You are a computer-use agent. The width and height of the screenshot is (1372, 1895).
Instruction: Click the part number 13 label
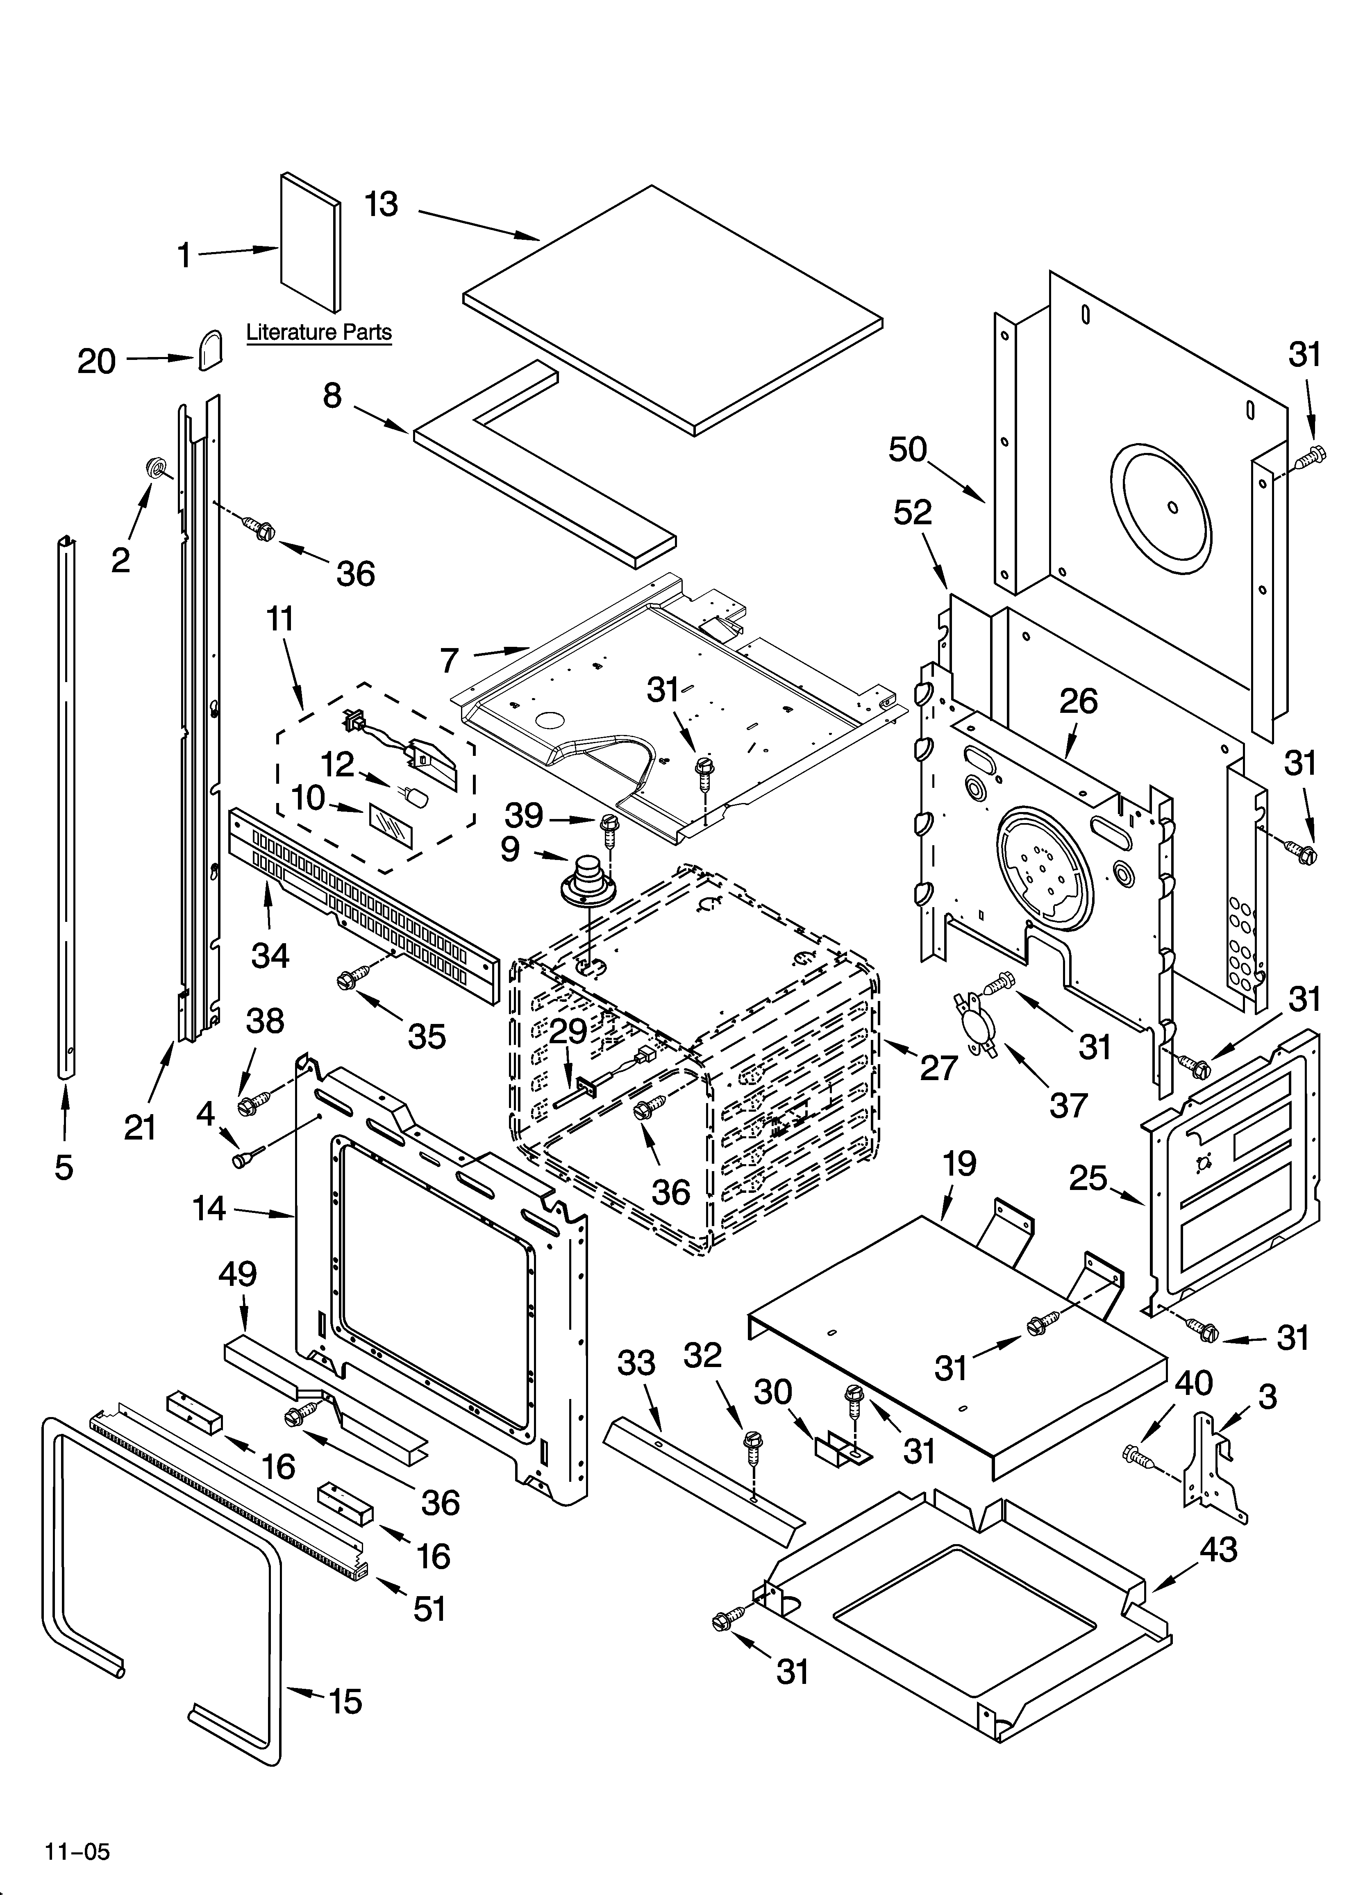(382, 205)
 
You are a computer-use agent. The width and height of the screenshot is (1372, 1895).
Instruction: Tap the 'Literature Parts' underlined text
(318, 332)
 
